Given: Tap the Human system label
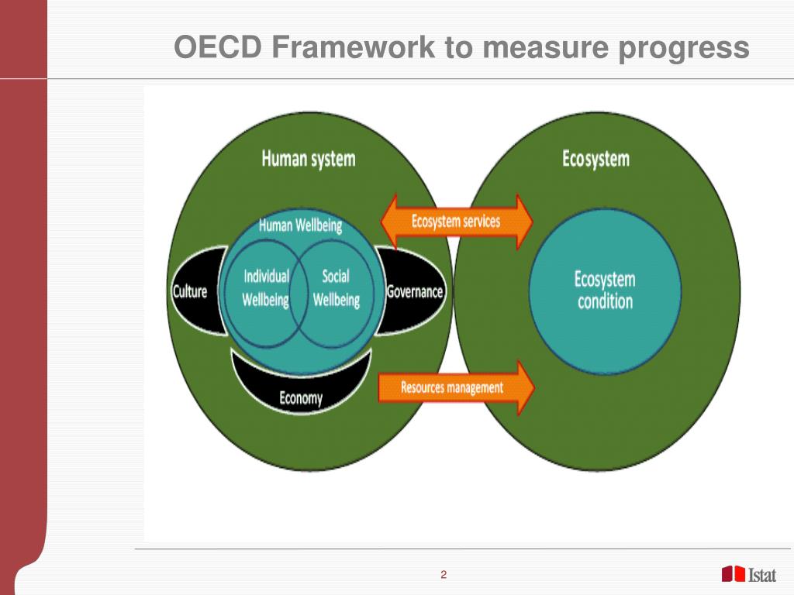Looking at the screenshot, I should (x=308, y=160).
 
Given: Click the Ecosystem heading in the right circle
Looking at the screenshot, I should (x=595, y=160).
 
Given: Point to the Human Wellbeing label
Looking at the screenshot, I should (x=299, y=226).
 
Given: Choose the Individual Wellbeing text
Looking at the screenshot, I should (x=265, y=287).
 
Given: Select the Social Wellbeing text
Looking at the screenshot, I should (x=336, y=287).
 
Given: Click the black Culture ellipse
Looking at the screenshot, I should (x=191, y=292).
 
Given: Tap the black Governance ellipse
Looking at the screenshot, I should (x=416, y=292).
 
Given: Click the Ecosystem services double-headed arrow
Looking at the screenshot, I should (x=456, y=222).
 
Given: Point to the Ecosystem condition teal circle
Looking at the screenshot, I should (x=605, y=290).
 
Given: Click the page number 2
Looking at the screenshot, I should (x=444, y=574).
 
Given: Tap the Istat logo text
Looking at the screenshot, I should (x=764, y=574).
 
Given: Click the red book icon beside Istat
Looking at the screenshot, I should (x=733, y=574).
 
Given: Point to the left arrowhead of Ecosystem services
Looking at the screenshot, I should (x=392, y=222).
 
